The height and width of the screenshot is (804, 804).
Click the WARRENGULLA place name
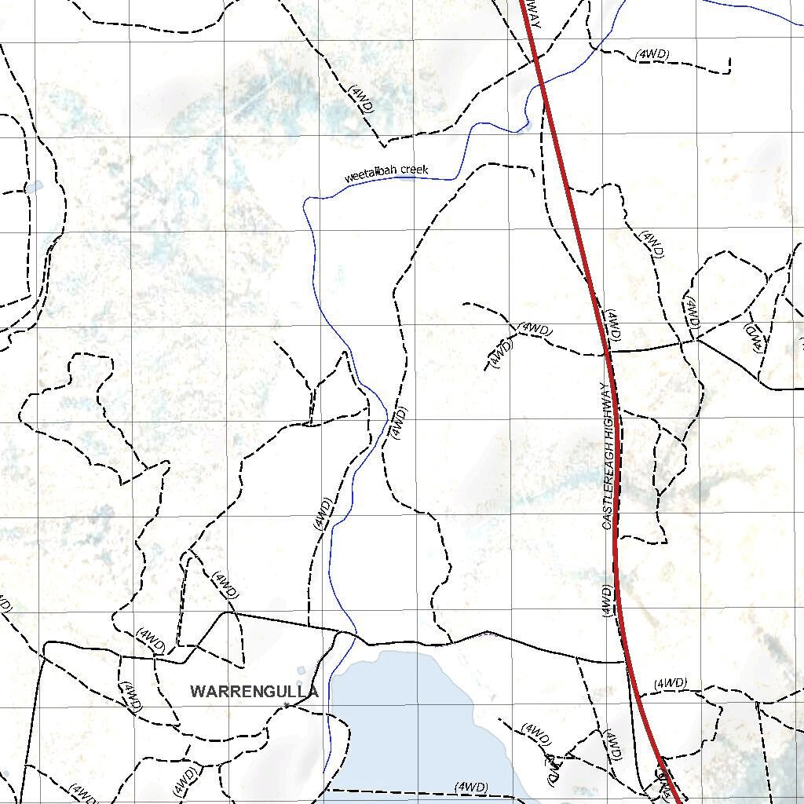click(254, 692)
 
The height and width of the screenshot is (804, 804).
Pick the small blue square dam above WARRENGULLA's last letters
click(301, 671)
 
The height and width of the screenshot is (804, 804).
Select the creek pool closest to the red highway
click(525, 124)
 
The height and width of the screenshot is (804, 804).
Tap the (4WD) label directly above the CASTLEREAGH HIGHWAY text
click(612, 324)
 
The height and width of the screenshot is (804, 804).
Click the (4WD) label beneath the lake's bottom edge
click(471, 787)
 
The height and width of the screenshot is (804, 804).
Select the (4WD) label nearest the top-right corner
click(652, 54)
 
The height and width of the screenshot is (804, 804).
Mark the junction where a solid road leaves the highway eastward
click(610, 352)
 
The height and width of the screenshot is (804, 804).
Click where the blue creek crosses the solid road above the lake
click(355, 633)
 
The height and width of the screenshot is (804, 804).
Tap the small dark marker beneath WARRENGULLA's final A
click(288, 706)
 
